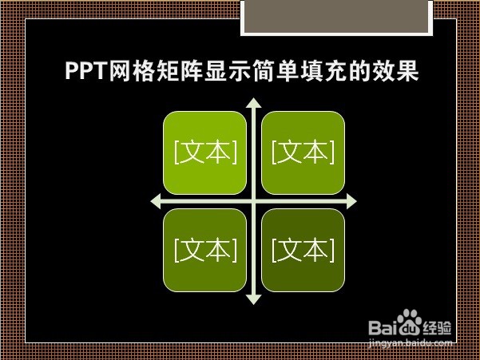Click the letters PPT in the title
(86, 71)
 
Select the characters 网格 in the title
(132, 72)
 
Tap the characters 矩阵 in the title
(180, 72)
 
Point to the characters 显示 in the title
(227, 72)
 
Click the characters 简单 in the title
(275, 72)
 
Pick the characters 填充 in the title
(323, 72)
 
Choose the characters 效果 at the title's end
(395, 72)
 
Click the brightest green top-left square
(204, 152)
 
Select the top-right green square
(303, 152)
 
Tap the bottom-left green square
(204, 250)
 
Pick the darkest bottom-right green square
(303, 250)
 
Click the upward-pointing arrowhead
(254, 103)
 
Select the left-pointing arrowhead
(156, 201)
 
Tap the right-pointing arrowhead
(351, 201)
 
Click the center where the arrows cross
(254, 201)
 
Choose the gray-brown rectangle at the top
(337, 16)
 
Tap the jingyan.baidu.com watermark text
(411, 343)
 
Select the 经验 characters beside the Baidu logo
(437, 328)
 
